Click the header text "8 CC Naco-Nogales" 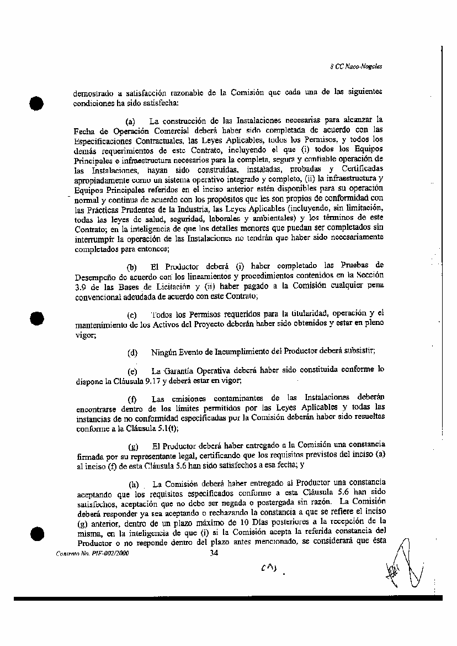359,66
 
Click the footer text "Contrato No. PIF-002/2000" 93,553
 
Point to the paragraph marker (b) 132,266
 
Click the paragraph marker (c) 132,315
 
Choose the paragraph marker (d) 132,352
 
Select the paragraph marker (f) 132,399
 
